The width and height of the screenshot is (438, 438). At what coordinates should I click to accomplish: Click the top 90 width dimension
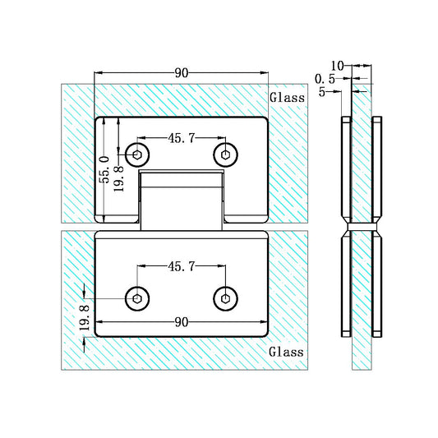coord(182,72)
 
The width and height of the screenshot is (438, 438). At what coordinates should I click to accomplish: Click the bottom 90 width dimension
coord(182,323)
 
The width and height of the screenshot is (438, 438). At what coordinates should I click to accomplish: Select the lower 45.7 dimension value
coord(181,266)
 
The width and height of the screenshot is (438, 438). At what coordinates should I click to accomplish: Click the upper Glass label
coord(287,97)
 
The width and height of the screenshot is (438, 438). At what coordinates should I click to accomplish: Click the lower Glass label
coord(287,351)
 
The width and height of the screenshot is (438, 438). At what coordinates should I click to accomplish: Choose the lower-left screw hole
coord(137,297)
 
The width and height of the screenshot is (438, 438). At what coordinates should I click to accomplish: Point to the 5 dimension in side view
coord(324,92)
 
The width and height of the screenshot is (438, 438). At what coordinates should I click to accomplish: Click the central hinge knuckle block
coord(181,200)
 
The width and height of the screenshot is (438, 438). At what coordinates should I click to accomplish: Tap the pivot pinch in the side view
coord(362,228)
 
